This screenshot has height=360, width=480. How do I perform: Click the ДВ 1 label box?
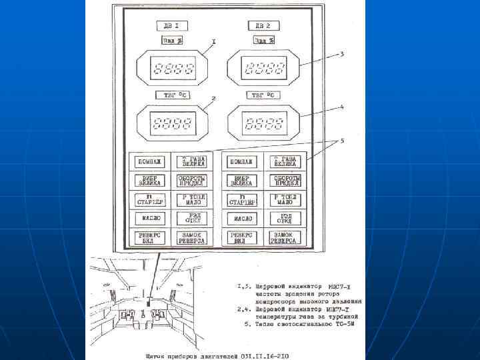(172, 26)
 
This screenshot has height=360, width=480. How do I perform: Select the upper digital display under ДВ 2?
(263, 67)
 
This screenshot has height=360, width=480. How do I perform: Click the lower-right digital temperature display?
(263, 123)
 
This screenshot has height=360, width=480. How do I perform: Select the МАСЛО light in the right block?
(241, 218)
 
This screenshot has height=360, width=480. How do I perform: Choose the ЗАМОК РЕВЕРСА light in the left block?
(192, 237)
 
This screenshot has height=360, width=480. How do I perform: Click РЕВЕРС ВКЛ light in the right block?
(241, 237)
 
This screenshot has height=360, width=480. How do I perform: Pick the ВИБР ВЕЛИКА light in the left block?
(149, 181)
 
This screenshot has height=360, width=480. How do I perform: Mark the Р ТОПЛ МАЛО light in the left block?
(192, 199)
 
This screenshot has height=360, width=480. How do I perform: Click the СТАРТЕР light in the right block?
(241, 199)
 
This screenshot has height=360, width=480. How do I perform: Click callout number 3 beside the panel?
(342, 53)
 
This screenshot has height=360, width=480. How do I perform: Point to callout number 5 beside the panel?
(342, 142)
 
